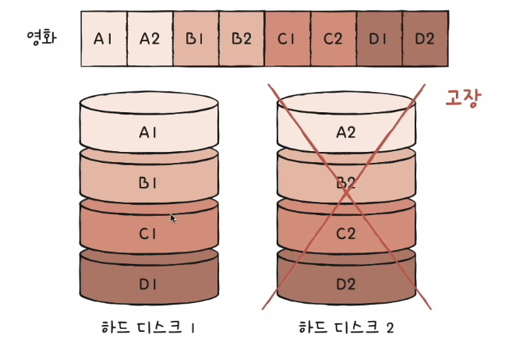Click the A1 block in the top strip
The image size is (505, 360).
(104, 39)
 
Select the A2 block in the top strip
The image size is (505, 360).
(150, 39)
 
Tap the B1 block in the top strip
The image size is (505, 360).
(196, 39)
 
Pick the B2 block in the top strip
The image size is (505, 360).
(242, 39)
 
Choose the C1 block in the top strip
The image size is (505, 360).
(288, 39)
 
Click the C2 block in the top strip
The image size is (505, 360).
(334, 39)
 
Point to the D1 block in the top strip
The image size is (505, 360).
(380, 39)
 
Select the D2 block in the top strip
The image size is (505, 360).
(426, 39)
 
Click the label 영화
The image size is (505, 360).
(41, 37)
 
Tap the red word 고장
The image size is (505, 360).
(464, 98)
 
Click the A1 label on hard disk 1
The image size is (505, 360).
(149, 132)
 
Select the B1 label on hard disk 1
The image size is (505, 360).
(148, 183)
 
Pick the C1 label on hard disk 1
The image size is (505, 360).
(148, 234)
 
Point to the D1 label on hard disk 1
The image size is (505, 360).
(148, 284)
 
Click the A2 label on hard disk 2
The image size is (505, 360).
(346, 132)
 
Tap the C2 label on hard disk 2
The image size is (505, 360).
(346, 234)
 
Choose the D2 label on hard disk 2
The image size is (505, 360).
(346, 284)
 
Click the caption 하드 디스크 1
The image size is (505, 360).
(148, 327)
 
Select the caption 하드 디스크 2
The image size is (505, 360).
(346, 327)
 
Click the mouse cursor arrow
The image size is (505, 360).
(173, 218)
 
